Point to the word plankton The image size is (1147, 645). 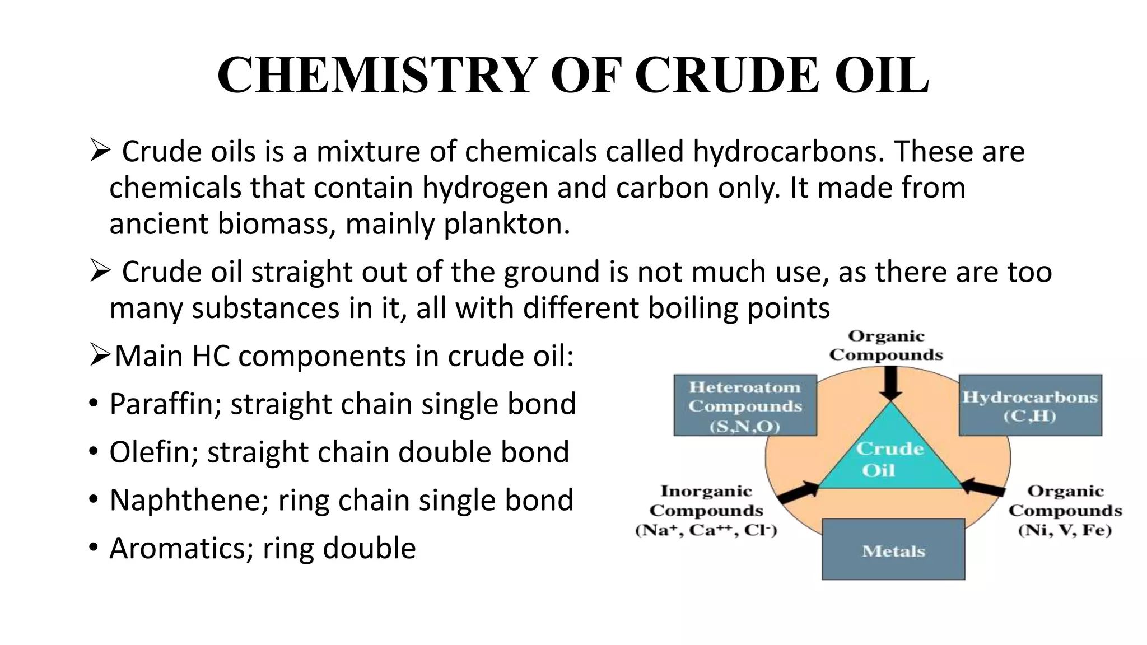click(506, 224)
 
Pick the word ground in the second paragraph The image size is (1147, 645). click(552, 273)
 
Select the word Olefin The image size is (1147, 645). click(153, 452)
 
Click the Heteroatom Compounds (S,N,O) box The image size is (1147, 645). click(744, 405)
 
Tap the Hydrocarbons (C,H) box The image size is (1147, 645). click(1030, 405)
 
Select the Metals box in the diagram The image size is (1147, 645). click(893, 549)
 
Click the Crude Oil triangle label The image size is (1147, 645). click(889, 459)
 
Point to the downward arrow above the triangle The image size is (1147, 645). click(890, 384)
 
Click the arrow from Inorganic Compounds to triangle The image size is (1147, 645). click(798, 491)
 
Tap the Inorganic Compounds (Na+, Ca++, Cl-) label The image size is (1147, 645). click(706, 511)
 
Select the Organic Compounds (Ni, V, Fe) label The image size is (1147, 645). click(1065, 511)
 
